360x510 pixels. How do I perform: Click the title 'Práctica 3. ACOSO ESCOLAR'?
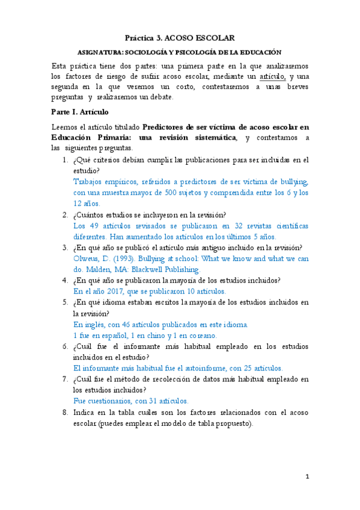[180, 37]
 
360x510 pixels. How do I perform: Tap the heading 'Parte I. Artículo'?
[79, 112]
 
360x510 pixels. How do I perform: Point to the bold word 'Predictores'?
[167, 127]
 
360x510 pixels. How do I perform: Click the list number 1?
[64, 160]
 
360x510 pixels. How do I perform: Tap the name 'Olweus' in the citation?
[85, 259]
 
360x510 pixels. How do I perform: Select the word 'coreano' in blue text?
[201, 335]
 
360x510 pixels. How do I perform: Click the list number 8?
[64, 412]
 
